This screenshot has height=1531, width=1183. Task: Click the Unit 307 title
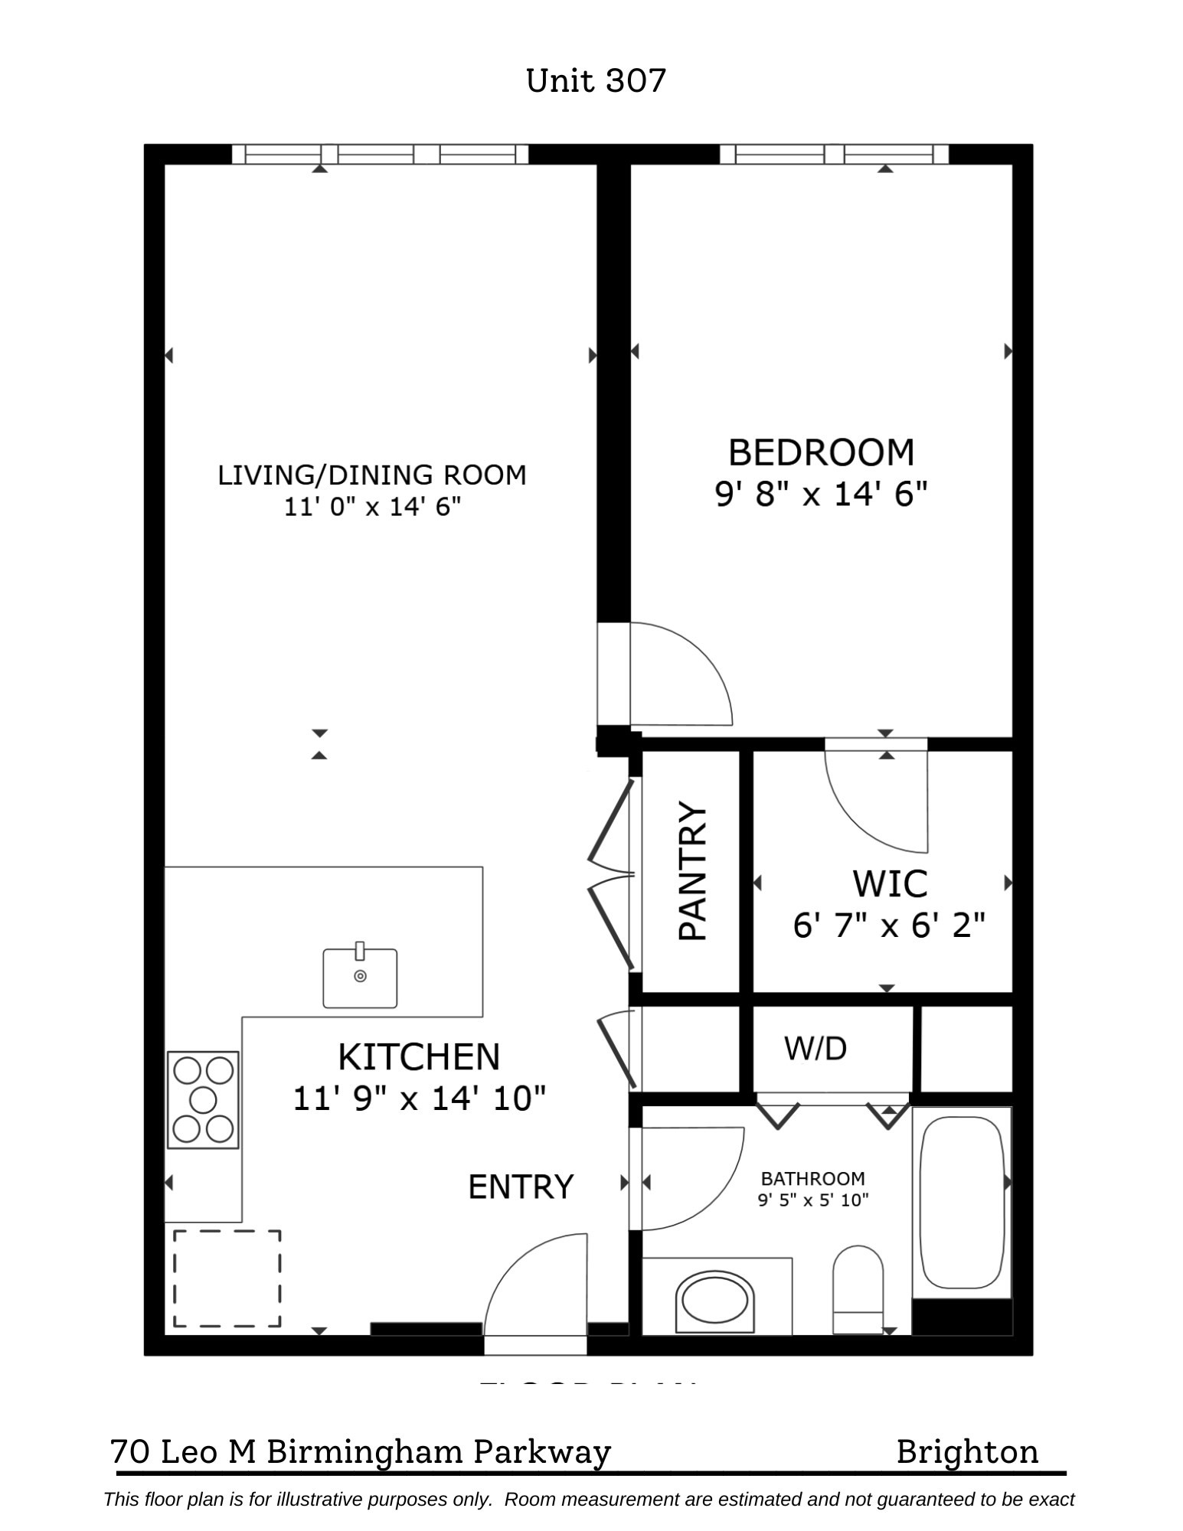click(596, 80)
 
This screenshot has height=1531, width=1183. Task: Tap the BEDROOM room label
click(821, 452)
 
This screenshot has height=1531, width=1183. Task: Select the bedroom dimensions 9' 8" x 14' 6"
click(821, 495)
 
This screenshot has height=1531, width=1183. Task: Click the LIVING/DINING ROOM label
click(372, 475)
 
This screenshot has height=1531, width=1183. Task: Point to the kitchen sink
click(360, 978)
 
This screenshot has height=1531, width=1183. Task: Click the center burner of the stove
click(203, 1100)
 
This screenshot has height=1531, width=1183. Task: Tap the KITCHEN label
click(419, 1057)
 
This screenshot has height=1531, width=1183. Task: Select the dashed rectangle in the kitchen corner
click(227, 1278)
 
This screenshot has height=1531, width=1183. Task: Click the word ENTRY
click(521, 1187)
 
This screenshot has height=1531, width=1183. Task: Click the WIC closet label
click(890, 884)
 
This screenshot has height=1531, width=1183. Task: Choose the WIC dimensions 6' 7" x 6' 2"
click(888, 925)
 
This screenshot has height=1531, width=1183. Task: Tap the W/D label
click(815, 1049)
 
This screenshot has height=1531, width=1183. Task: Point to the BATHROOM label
click(812, 1179)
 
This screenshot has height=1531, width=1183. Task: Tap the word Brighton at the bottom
click(967, 1451)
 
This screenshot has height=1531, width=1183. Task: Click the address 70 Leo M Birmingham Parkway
click(361, 1451)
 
